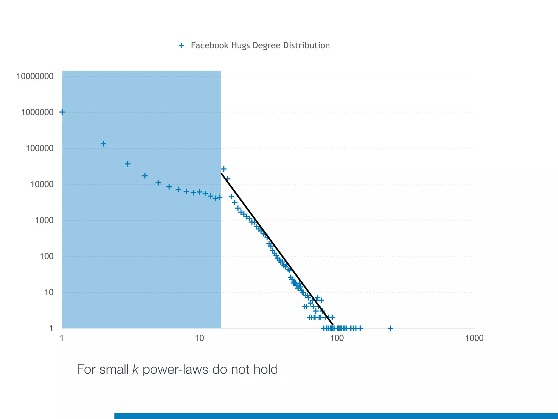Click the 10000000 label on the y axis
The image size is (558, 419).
tap(35, 76)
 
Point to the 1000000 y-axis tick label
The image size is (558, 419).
tap(37, 112)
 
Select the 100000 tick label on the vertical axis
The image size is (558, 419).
tap(40, 148)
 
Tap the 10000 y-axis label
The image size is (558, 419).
tap(42, 184)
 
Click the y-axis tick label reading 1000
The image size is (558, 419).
tap(44, 220)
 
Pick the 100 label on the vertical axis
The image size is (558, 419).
tap(47, 256)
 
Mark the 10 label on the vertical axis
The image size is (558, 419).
tap(49, 292)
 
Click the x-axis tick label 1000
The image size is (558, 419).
tap(474, 338)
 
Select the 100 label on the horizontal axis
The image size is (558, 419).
tap(337, 338)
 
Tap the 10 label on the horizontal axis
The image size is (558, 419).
tap(199, 338)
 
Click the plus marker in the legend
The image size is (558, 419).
tap(181, 45)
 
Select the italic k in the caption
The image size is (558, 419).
tap(135, 369)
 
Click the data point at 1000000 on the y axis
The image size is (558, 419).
tap(62, 112)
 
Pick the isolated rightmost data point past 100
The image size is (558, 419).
tap(390, 328)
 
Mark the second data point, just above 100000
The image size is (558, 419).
tap(104, 144)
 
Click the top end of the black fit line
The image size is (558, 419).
tap(222, 174)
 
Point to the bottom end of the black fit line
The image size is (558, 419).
tap(333, 325)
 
